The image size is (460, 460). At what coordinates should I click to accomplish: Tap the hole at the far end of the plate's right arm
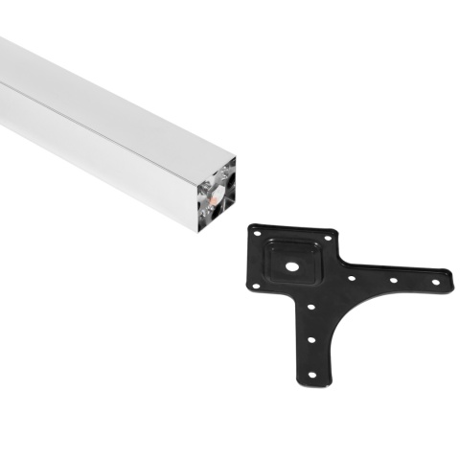click(437, 279)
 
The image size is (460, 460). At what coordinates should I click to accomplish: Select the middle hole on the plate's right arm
click(394, 279)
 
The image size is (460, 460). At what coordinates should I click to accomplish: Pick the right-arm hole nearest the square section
click(353, 279)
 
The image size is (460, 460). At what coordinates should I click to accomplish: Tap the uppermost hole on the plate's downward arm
click(310, 308)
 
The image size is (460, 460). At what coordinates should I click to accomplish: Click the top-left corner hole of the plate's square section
click(256, 230)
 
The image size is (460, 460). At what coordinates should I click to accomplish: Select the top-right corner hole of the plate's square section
click(329, 236)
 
